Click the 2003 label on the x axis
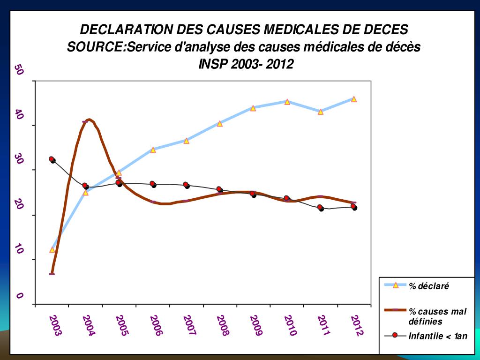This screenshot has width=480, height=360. pyautogui.click(x=55, y=326)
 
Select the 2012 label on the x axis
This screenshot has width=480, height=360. pyautogui.click(x=357, y=326)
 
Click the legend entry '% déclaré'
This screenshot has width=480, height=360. pyautogui.click(x=428, y=285)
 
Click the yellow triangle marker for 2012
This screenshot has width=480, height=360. pyautogui.click(x=354, y=99)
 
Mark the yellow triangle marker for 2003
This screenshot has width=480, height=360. pyautogui.click(x=52, y=249)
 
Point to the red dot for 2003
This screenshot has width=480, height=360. pyautogui.click(x=52, y=159)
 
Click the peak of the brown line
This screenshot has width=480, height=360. pyautogui.click(x=89, y=120)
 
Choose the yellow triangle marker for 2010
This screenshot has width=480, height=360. pyautogui.click(x=287, y=101)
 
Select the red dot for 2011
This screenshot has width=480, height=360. pyautogui.click(x=320, y=207)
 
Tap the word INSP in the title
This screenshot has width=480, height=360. pyautogui.click(x=213, y=64)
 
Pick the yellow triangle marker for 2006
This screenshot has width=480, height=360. pyautogui.click(x=153, y=150)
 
